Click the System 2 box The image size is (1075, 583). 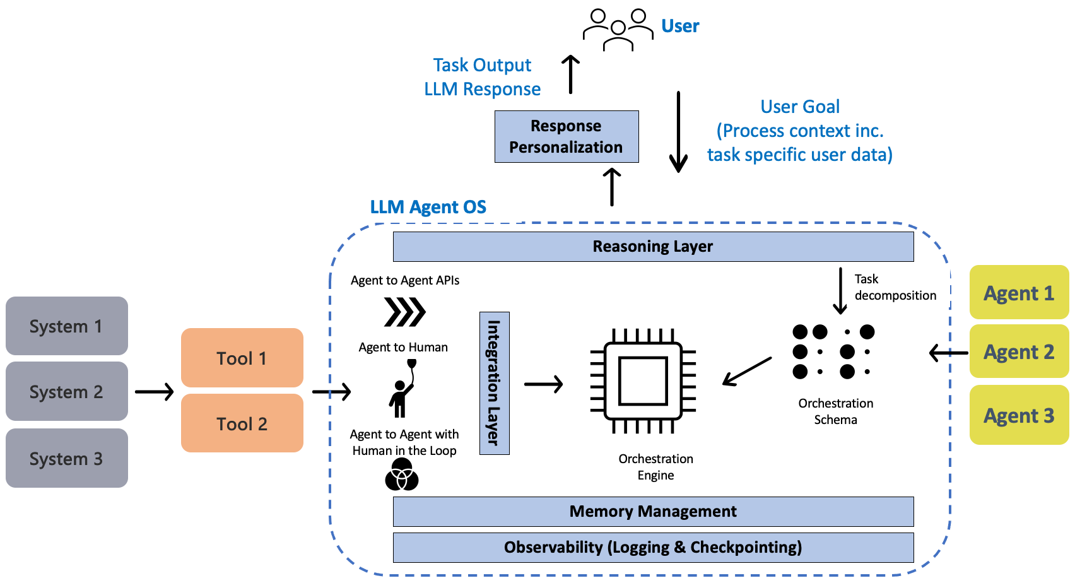click(66, 391)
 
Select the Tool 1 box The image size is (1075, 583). click(242, 358)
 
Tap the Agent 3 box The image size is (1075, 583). click(1018, 415)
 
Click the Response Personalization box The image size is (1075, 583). click(566, 136)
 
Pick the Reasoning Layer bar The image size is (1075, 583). click(653, 246)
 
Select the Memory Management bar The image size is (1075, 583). click(653, 511)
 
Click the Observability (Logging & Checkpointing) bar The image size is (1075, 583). click(653, 547)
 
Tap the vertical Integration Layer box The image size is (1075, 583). click(494, 383)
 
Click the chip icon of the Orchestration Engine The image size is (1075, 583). click(643, 380)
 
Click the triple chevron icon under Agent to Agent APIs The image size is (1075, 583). click(404, 312)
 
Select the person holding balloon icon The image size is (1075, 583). click(401, 389)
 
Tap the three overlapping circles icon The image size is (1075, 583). click(402, 475)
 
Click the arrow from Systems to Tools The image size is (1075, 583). click(154, 392)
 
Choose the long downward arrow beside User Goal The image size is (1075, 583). click(678, 132)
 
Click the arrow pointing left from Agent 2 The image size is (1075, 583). click(948, 353)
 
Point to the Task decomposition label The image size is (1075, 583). click(894, 287)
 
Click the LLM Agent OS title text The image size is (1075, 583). click(428, 207)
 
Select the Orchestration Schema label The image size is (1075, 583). click(835, 411)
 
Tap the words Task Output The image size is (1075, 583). click(482, 65)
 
